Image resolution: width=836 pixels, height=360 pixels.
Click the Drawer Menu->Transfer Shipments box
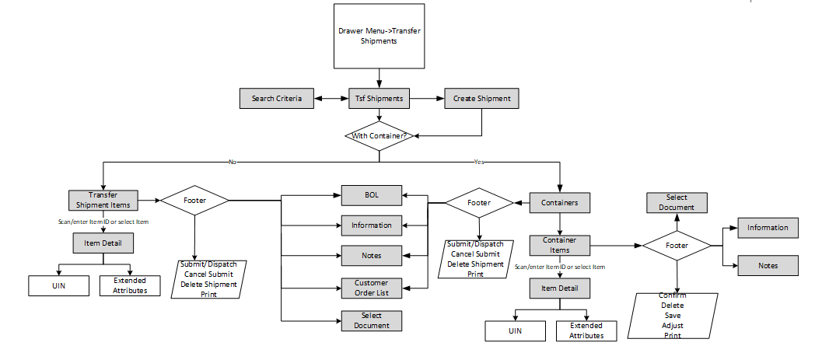pos(379,36)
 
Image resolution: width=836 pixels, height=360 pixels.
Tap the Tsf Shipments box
pos(379,100)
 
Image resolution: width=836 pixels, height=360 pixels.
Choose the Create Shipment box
pos(482,100)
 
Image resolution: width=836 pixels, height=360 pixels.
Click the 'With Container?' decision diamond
pos(379,136)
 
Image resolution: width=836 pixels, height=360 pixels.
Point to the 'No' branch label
pos(232,163)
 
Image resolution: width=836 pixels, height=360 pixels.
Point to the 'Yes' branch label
pos(478,163)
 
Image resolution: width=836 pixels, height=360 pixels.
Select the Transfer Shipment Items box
pos(103,200)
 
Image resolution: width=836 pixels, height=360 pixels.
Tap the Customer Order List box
pos(371,288)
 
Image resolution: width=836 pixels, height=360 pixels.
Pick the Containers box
pos(559,203)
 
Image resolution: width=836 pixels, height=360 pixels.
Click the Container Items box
pos(559,245)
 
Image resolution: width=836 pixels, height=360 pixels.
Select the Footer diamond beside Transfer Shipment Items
pos(194,200)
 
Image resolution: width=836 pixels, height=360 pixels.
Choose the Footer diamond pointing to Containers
pos(478,202)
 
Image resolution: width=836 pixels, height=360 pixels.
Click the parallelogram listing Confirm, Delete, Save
pos(673,316)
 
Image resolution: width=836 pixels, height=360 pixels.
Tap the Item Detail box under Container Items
pos(559,289)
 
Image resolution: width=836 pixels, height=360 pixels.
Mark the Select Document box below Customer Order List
pos(371,320)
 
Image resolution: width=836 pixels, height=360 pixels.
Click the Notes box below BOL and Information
pos(371,255)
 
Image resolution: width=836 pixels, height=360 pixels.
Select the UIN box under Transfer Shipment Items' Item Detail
pos(59,285)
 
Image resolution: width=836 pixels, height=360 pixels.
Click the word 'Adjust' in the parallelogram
pos(673,326)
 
